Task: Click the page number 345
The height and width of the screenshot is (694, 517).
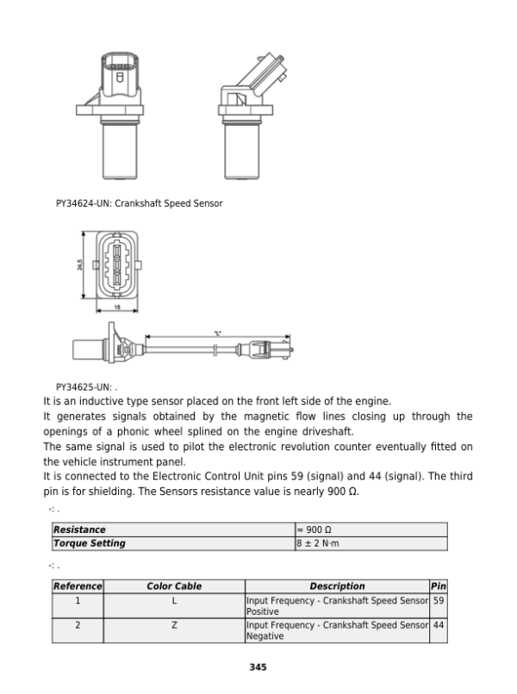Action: pyautogui.click(x=258, y=666)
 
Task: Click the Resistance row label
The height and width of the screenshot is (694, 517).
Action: pyautogui.click(x=79, y=530)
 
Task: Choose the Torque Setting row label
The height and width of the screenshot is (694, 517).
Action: pyautogui.click(x=90, y=543)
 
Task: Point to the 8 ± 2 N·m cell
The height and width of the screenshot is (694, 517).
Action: pyautogui.click(x=317, y=543)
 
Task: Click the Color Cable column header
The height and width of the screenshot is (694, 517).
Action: pyautogui.click(x=174, y=586)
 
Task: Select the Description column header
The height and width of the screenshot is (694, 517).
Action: pyautogui.click(x=337, y=586)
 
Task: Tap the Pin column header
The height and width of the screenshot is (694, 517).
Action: pyautogui.click(x=438, y=586)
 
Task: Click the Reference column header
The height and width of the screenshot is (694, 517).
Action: pyautogui.click(x=78, y=586)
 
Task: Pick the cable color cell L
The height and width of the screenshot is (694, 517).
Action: pyautogui.click(x=174, y=600)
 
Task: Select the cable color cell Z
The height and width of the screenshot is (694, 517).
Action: pyautogui.click(x=174, y=625)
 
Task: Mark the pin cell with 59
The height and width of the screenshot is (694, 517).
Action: pyautogui.click(x=438, y=600)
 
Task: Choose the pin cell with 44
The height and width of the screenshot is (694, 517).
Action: pyautogui.click(x=438, y=625)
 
